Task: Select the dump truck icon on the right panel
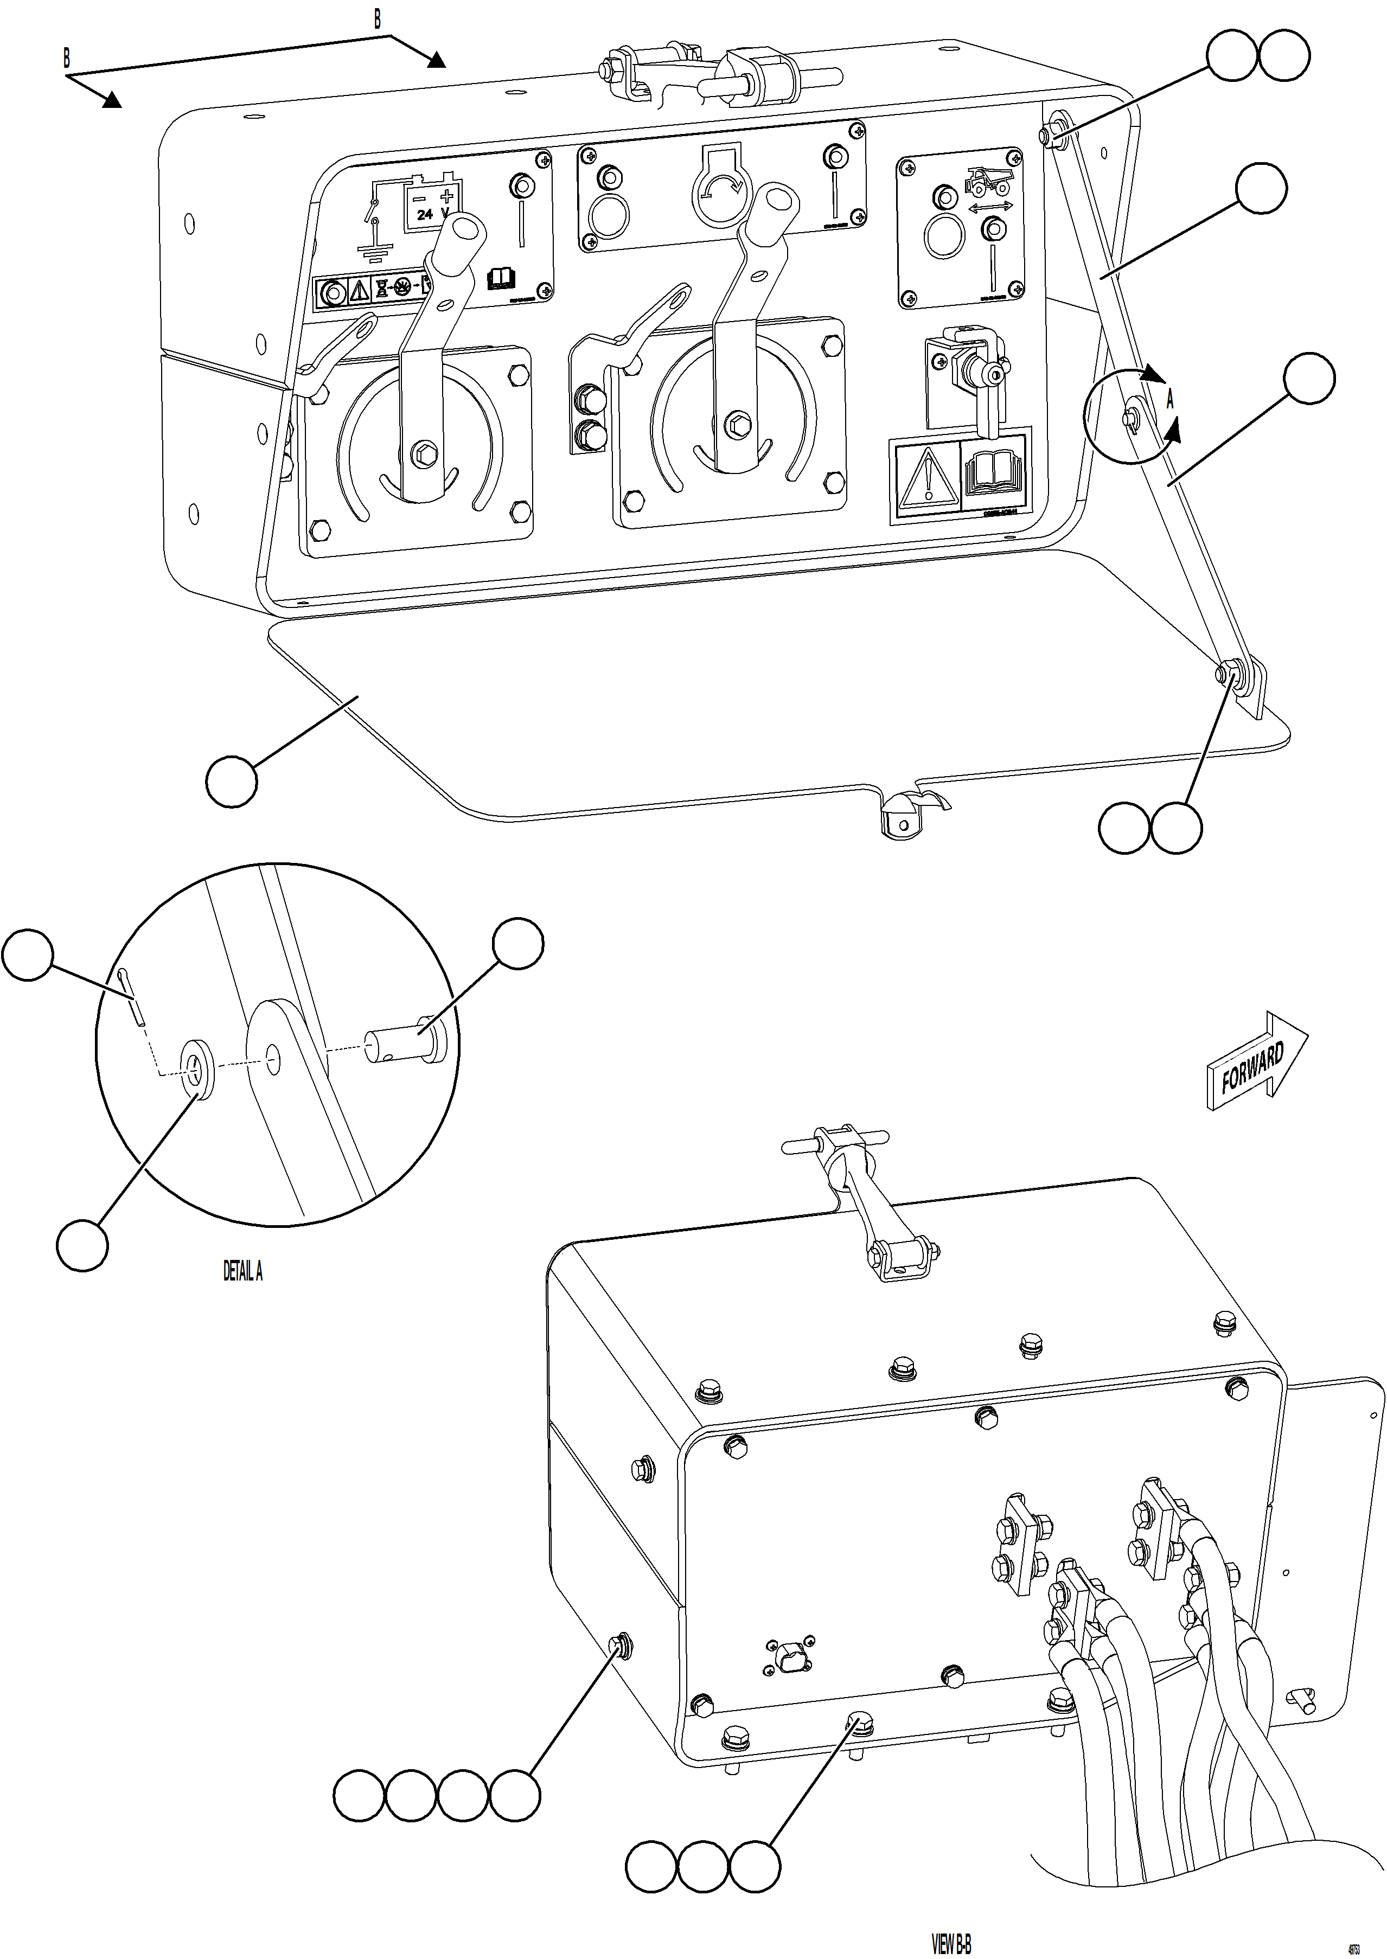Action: click(988, 181)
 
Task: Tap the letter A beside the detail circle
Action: click(1170, 400)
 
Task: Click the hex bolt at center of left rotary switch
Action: click(422, 454)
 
